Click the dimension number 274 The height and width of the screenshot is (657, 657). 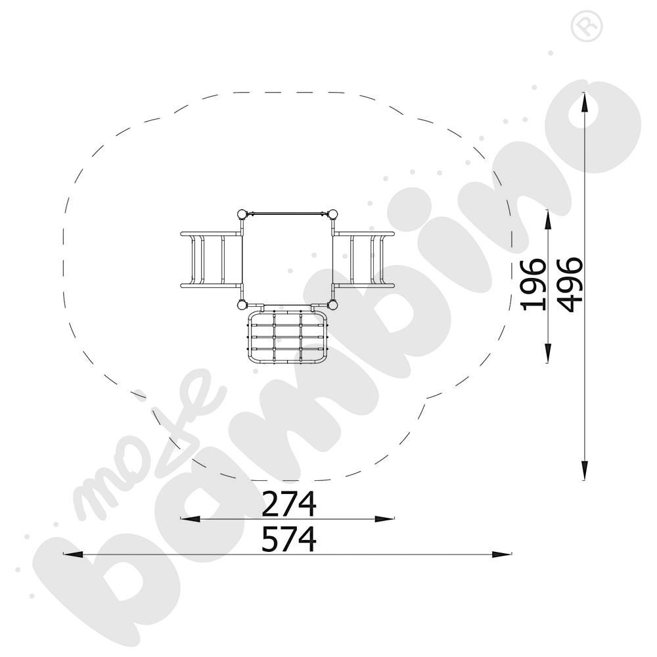(x=289, y=505)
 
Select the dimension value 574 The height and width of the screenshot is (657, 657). (x=289, y=540)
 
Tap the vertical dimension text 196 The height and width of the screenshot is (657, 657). (x=533, y=284)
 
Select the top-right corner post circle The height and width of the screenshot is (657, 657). (x=333, y=214)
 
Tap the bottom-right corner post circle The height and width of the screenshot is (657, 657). (x=333, y=305)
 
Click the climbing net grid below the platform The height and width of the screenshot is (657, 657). (x=288, y=337)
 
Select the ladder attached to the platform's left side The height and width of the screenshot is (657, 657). (x=210, y=260)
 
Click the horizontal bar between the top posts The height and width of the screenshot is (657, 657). (x=288, y=213)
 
